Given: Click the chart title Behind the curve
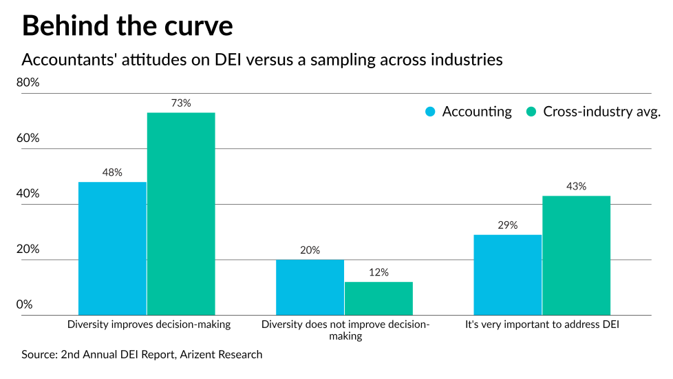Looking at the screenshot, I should [127, 25].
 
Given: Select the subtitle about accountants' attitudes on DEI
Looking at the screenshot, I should [262, 60].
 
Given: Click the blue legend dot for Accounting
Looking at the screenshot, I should [431, 112].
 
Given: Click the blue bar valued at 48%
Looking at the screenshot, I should [112, 249].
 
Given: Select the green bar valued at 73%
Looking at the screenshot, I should [181, 214].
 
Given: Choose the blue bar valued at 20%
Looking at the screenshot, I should [310, 287].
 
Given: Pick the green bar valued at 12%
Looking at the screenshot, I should [378, 298].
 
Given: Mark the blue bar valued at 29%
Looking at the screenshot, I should [508, 275].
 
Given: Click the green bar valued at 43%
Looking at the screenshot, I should [576, 256].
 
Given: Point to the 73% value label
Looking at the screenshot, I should [181, 103].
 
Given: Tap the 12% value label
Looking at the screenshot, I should [378, 272].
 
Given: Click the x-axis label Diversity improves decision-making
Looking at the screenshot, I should [149, 323].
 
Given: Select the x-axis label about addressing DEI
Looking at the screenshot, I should [543, 323].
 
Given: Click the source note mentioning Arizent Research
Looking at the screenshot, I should [142, 354].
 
